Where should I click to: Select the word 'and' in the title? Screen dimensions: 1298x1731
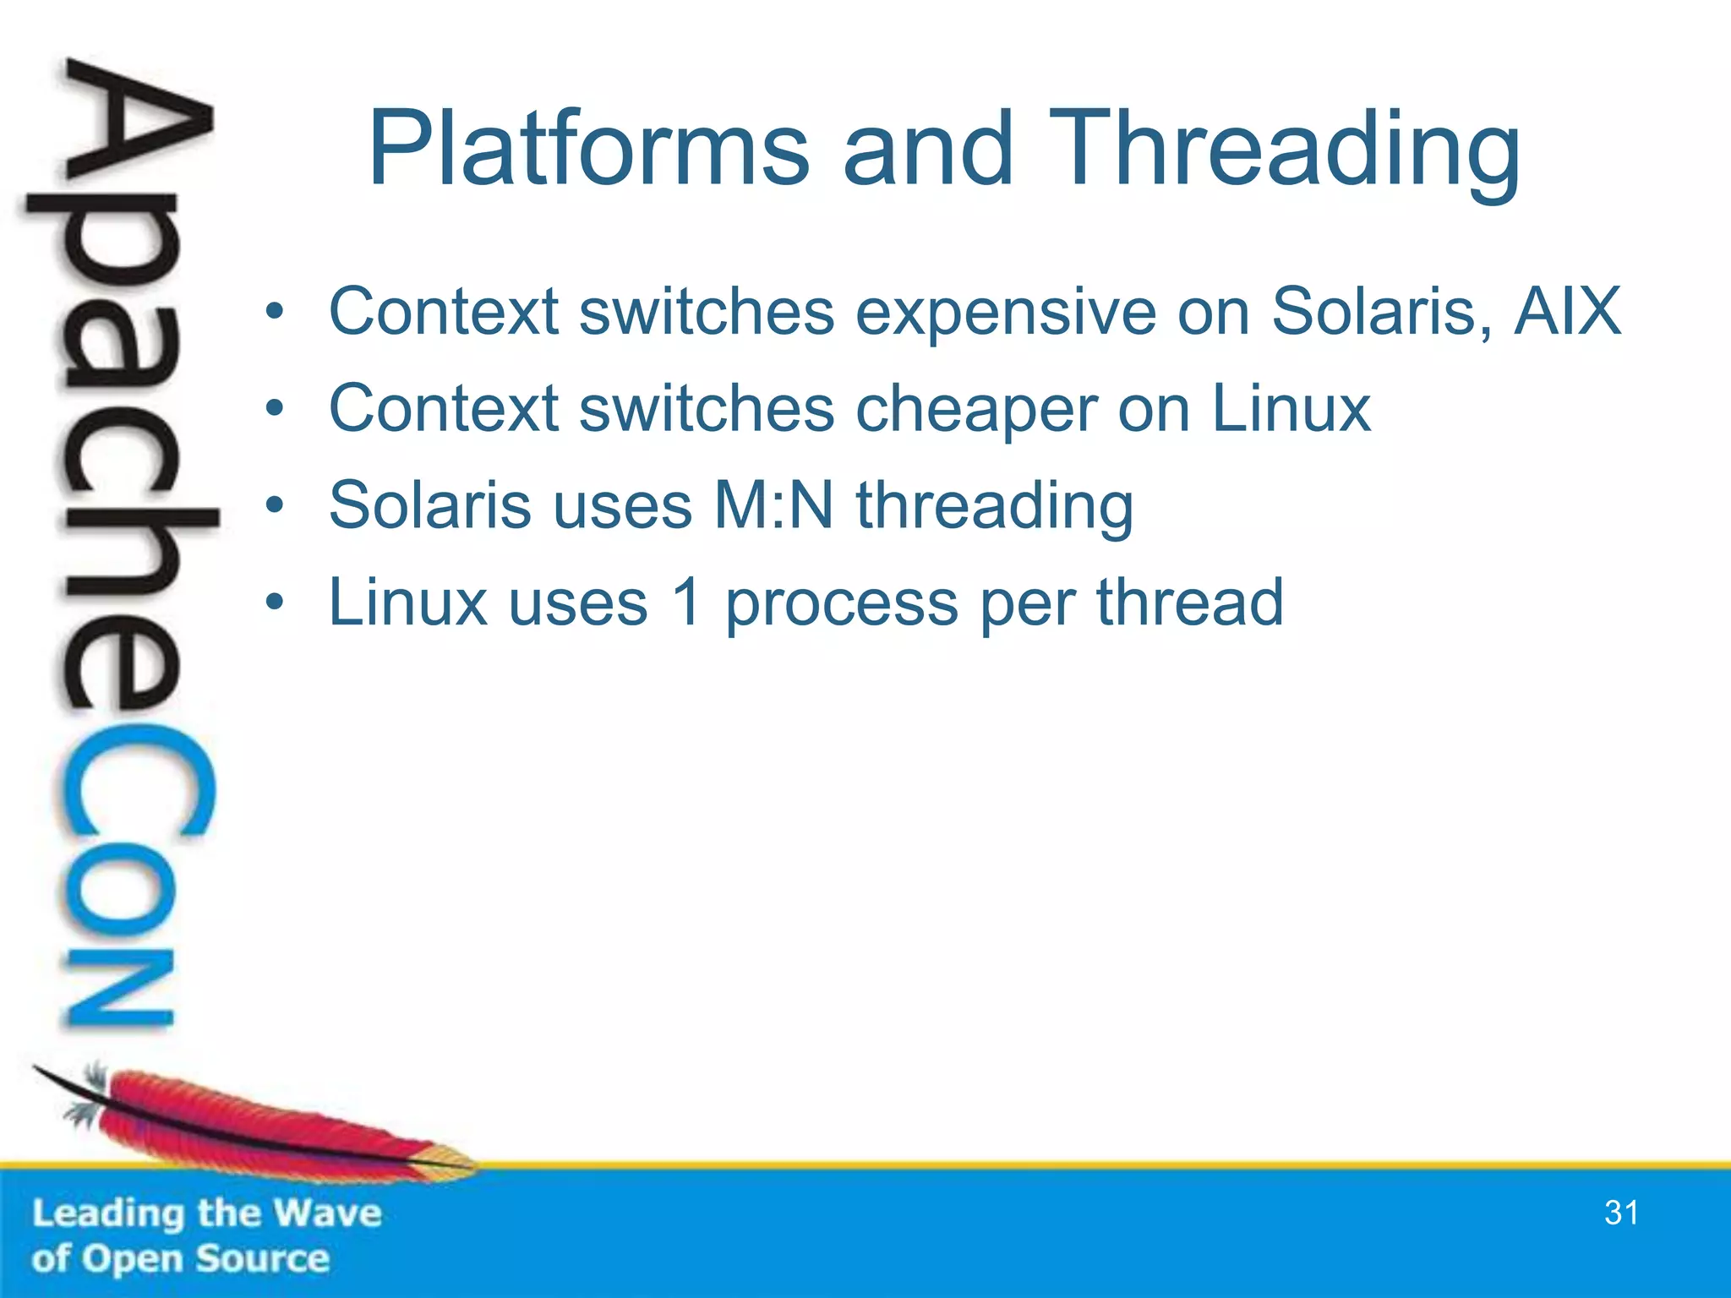point(927,150)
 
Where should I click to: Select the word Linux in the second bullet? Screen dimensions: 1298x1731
point(1291,408)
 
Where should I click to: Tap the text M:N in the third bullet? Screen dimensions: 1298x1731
point(773,505)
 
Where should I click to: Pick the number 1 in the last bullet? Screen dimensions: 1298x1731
point(687,603)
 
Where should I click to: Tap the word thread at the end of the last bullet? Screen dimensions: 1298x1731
point(1190,603)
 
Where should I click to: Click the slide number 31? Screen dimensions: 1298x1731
point(1620,1213)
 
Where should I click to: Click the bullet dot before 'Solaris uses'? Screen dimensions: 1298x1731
point(274,506)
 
